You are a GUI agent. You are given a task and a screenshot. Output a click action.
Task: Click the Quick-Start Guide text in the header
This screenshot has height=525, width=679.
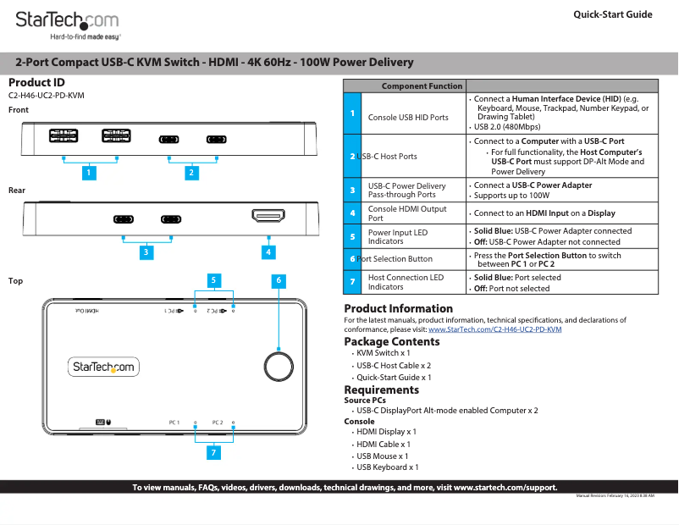click(612, 14)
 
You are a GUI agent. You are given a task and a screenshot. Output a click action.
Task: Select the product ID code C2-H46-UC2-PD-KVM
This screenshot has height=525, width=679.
click(46, 96)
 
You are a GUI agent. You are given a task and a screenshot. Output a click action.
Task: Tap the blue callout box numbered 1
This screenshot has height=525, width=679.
click(88, 173)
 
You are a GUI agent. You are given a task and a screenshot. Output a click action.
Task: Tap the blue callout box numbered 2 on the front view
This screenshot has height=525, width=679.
click(192, 173)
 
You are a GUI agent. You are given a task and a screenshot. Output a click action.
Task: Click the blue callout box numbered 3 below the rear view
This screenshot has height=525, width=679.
click(146, 251)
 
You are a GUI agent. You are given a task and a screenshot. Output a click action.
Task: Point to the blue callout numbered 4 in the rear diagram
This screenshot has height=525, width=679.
click(268, 251)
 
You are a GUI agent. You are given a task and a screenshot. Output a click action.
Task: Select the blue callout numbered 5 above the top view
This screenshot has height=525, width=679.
click(214, 280)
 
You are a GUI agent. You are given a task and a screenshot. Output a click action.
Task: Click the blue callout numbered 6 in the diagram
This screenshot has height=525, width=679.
click(279, 280)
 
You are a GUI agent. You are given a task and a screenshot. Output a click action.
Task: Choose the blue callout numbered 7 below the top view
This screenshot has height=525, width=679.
click(214, 453)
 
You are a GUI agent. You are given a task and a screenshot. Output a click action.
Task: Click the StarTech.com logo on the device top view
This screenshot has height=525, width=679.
click(102, 367)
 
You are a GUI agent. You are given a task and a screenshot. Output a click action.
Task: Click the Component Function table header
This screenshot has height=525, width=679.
click(422, 86)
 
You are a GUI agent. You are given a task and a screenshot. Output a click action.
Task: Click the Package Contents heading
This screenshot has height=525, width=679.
click(391, 341)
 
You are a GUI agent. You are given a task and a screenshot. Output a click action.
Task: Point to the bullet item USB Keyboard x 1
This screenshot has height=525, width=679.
click(387, 467)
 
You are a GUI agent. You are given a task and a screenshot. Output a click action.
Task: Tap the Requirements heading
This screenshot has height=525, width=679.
click(381, 390)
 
